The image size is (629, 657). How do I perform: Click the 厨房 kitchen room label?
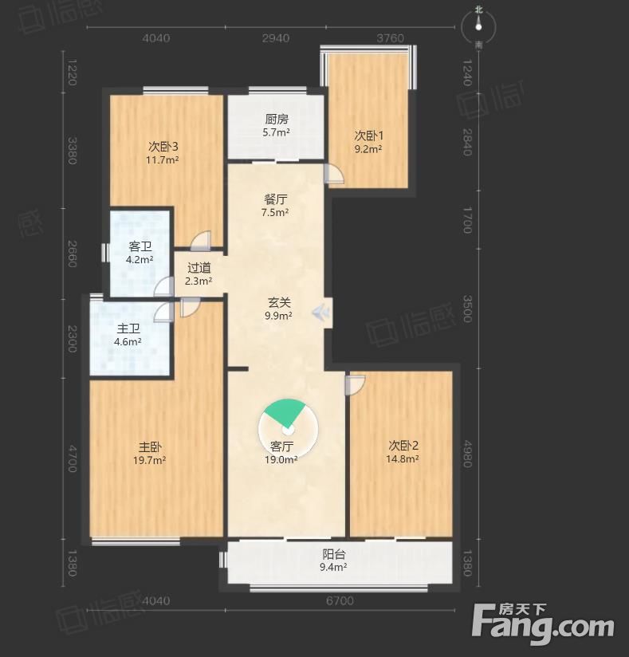coord(277,120)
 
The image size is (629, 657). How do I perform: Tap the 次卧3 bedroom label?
coord(163,147)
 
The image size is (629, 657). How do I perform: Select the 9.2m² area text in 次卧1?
coord(368,149)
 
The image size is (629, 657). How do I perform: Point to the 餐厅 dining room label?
coord(275,199)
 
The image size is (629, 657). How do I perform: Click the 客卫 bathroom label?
coord(140,246)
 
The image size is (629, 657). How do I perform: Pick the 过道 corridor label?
coord(199,268)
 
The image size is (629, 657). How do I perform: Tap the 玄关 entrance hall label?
coord(279,302)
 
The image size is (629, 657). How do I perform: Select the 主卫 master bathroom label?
coord(128,329)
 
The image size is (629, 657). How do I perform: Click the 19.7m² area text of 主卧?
coord(150,461)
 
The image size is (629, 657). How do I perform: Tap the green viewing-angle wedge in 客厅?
coord(286,412)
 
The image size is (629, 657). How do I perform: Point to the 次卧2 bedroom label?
coord(403,446)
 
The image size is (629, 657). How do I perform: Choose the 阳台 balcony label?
coord(333,554)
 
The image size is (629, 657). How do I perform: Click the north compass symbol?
coord(478,27)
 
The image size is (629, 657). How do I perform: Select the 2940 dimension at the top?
coord(276,38)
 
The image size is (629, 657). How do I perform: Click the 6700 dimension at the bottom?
coord(340,601)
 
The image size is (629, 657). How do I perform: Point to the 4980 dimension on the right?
coord(468,454)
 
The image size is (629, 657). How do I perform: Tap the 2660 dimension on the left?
coord(72,254)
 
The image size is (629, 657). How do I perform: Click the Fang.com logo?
coord(543,624)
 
